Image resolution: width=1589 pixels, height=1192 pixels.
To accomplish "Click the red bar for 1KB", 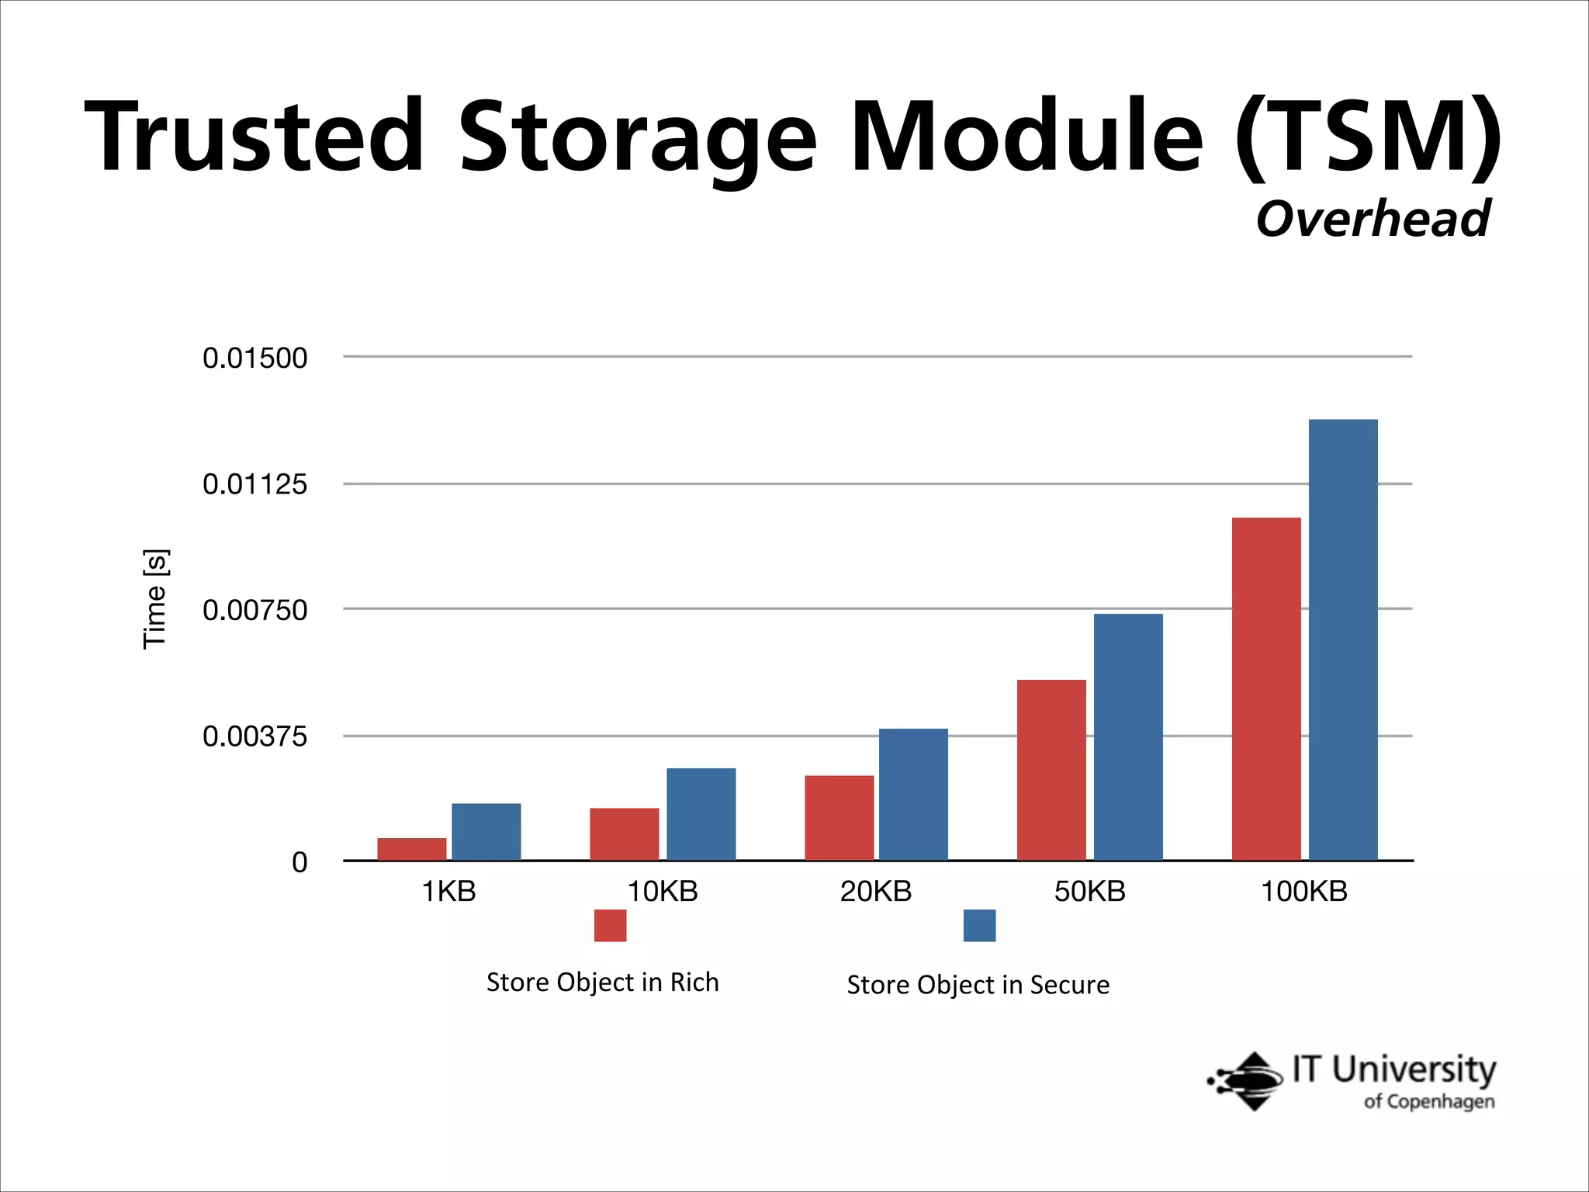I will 412,849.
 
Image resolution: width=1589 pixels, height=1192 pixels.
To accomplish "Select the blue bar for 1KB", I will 486,831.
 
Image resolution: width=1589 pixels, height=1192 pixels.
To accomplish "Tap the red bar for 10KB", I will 624,834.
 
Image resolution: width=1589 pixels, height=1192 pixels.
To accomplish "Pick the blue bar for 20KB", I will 913,794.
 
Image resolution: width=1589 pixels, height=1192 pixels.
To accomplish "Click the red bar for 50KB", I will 1051,770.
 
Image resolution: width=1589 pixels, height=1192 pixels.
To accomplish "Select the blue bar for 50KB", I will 1128,736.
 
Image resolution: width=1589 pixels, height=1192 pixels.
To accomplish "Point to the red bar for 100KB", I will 1266,688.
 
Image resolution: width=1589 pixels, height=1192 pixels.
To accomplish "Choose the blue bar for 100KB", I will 1343,639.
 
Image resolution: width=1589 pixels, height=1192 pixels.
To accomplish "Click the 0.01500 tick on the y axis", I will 254,358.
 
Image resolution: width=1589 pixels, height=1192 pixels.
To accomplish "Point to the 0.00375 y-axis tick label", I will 254,736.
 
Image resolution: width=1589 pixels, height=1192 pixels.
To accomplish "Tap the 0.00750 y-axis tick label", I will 254,611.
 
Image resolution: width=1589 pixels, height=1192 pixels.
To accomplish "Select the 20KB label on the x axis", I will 876,892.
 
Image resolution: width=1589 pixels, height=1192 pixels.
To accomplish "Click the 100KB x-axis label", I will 1304,892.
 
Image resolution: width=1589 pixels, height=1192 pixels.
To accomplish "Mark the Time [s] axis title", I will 155,598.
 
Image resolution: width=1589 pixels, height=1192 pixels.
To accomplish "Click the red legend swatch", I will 610,925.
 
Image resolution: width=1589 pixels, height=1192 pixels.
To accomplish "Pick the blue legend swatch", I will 979,925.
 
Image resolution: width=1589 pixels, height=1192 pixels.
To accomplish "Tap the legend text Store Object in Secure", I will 978,985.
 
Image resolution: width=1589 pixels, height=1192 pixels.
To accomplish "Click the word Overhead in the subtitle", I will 1373,219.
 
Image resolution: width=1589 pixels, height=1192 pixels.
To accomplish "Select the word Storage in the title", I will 638,138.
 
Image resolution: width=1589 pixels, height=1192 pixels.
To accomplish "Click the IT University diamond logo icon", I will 1249,1081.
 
